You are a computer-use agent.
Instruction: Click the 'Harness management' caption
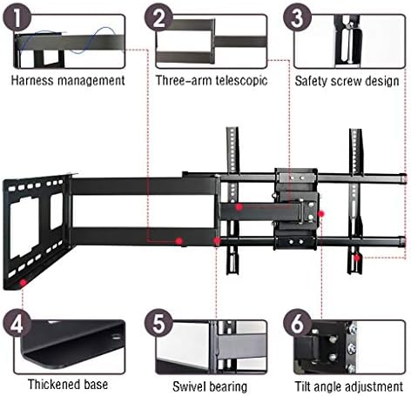(67, 80)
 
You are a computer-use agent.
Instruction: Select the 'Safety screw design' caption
(346, 80)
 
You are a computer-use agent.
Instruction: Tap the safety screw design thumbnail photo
(348, 40)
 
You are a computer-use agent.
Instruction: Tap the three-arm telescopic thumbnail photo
(209, 40)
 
